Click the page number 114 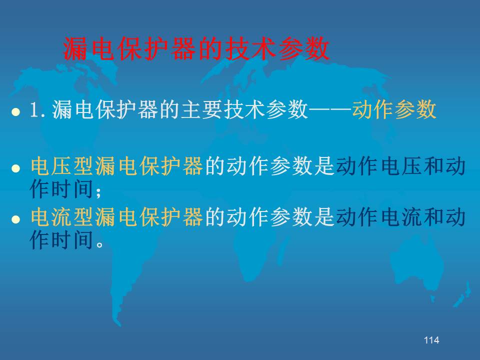tap(431, 340)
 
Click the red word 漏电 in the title tap(88, 48)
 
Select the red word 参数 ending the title tap(304, 48)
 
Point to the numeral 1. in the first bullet tap(37, 109)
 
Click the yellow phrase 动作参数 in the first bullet tap(394, 109)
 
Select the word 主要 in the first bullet tap(202, 109)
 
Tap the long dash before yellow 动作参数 tap(330, 109)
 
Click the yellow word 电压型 tap(62, 165)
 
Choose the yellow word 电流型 tap(62, 216)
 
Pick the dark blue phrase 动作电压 tap(379, 165)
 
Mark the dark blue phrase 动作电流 tap(379, 216)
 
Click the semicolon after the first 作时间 tap(98, 192)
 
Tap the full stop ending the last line tap(100, 244)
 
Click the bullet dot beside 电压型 tap(15, 168)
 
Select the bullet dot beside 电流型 tap(15, 219)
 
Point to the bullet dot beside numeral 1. tap(15, 111)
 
